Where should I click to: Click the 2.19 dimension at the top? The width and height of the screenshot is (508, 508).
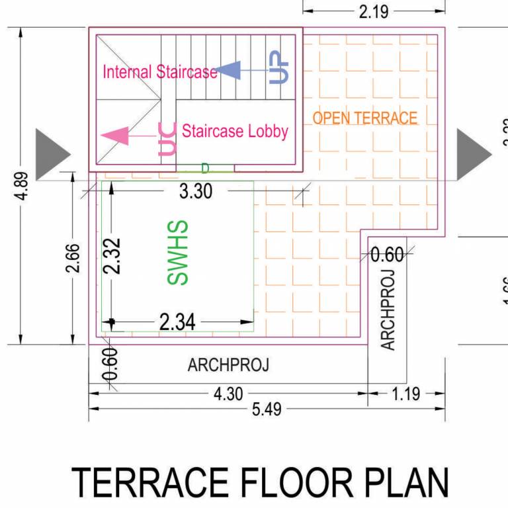point(373,11)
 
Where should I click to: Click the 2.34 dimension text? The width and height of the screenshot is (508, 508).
point(177,322)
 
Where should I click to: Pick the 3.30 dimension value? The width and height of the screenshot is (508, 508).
point(196,192)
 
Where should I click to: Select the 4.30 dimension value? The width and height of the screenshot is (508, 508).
point(228,394)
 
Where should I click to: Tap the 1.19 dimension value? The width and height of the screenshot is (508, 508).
point(405,394)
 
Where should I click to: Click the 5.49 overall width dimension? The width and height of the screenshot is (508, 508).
point(266,409)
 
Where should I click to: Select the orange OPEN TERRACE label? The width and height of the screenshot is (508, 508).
point(365,118)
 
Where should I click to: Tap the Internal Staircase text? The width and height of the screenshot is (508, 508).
point(159,71)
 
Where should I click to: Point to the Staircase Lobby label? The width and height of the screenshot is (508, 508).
point(235,131)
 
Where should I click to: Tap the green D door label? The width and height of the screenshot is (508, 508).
point(204,168)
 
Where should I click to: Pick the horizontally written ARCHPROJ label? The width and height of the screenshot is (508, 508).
point(228,364)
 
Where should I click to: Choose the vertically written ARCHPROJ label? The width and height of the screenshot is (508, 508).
point(388,310)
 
